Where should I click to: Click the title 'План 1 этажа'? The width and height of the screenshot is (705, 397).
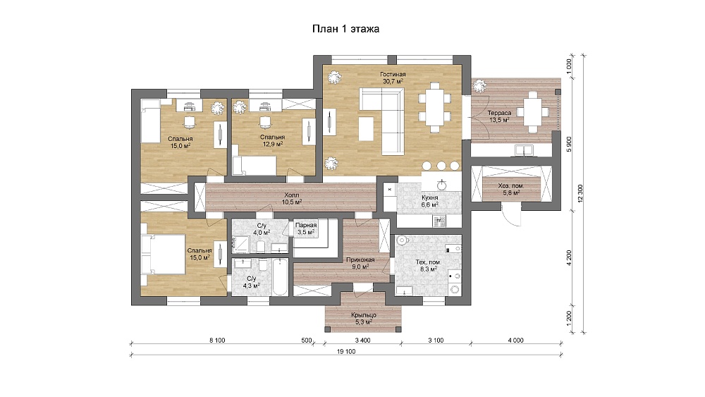(x=345, y=29)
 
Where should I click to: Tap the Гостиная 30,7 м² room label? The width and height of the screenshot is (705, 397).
(x=393, y=78)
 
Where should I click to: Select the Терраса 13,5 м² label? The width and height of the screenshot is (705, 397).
(x=499, y=116)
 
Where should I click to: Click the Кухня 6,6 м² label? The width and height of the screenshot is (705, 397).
(x=429, y=201)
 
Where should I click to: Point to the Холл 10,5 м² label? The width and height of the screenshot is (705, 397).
(x=291, y=199)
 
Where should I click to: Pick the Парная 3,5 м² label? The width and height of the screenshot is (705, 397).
(x=306, y=228)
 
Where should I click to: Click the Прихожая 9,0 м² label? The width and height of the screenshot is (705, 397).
(x=360, y=263)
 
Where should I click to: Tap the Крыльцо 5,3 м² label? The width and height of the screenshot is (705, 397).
(x=363, y=318)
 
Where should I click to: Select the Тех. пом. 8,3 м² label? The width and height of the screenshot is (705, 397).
(x=428, y=265)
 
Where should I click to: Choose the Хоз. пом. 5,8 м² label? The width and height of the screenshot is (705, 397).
(x=511, y=189)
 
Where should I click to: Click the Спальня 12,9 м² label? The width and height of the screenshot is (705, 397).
(x=272, y=140)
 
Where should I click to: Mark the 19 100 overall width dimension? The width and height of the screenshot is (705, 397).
(x=346, y=352)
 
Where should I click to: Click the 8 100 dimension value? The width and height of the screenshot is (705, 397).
(x=217, y=341)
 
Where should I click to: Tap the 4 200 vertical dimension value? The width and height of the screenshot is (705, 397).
(x=569, y=258)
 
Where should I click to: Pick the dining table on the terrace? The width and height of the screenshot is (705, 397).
(x=533, y=111)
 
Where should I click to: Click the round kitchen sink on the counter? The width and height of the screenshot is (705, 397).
(x=442, y=185)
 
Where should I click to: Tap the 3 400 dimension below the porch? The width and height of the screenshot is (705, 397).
(x=363, y=341)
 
